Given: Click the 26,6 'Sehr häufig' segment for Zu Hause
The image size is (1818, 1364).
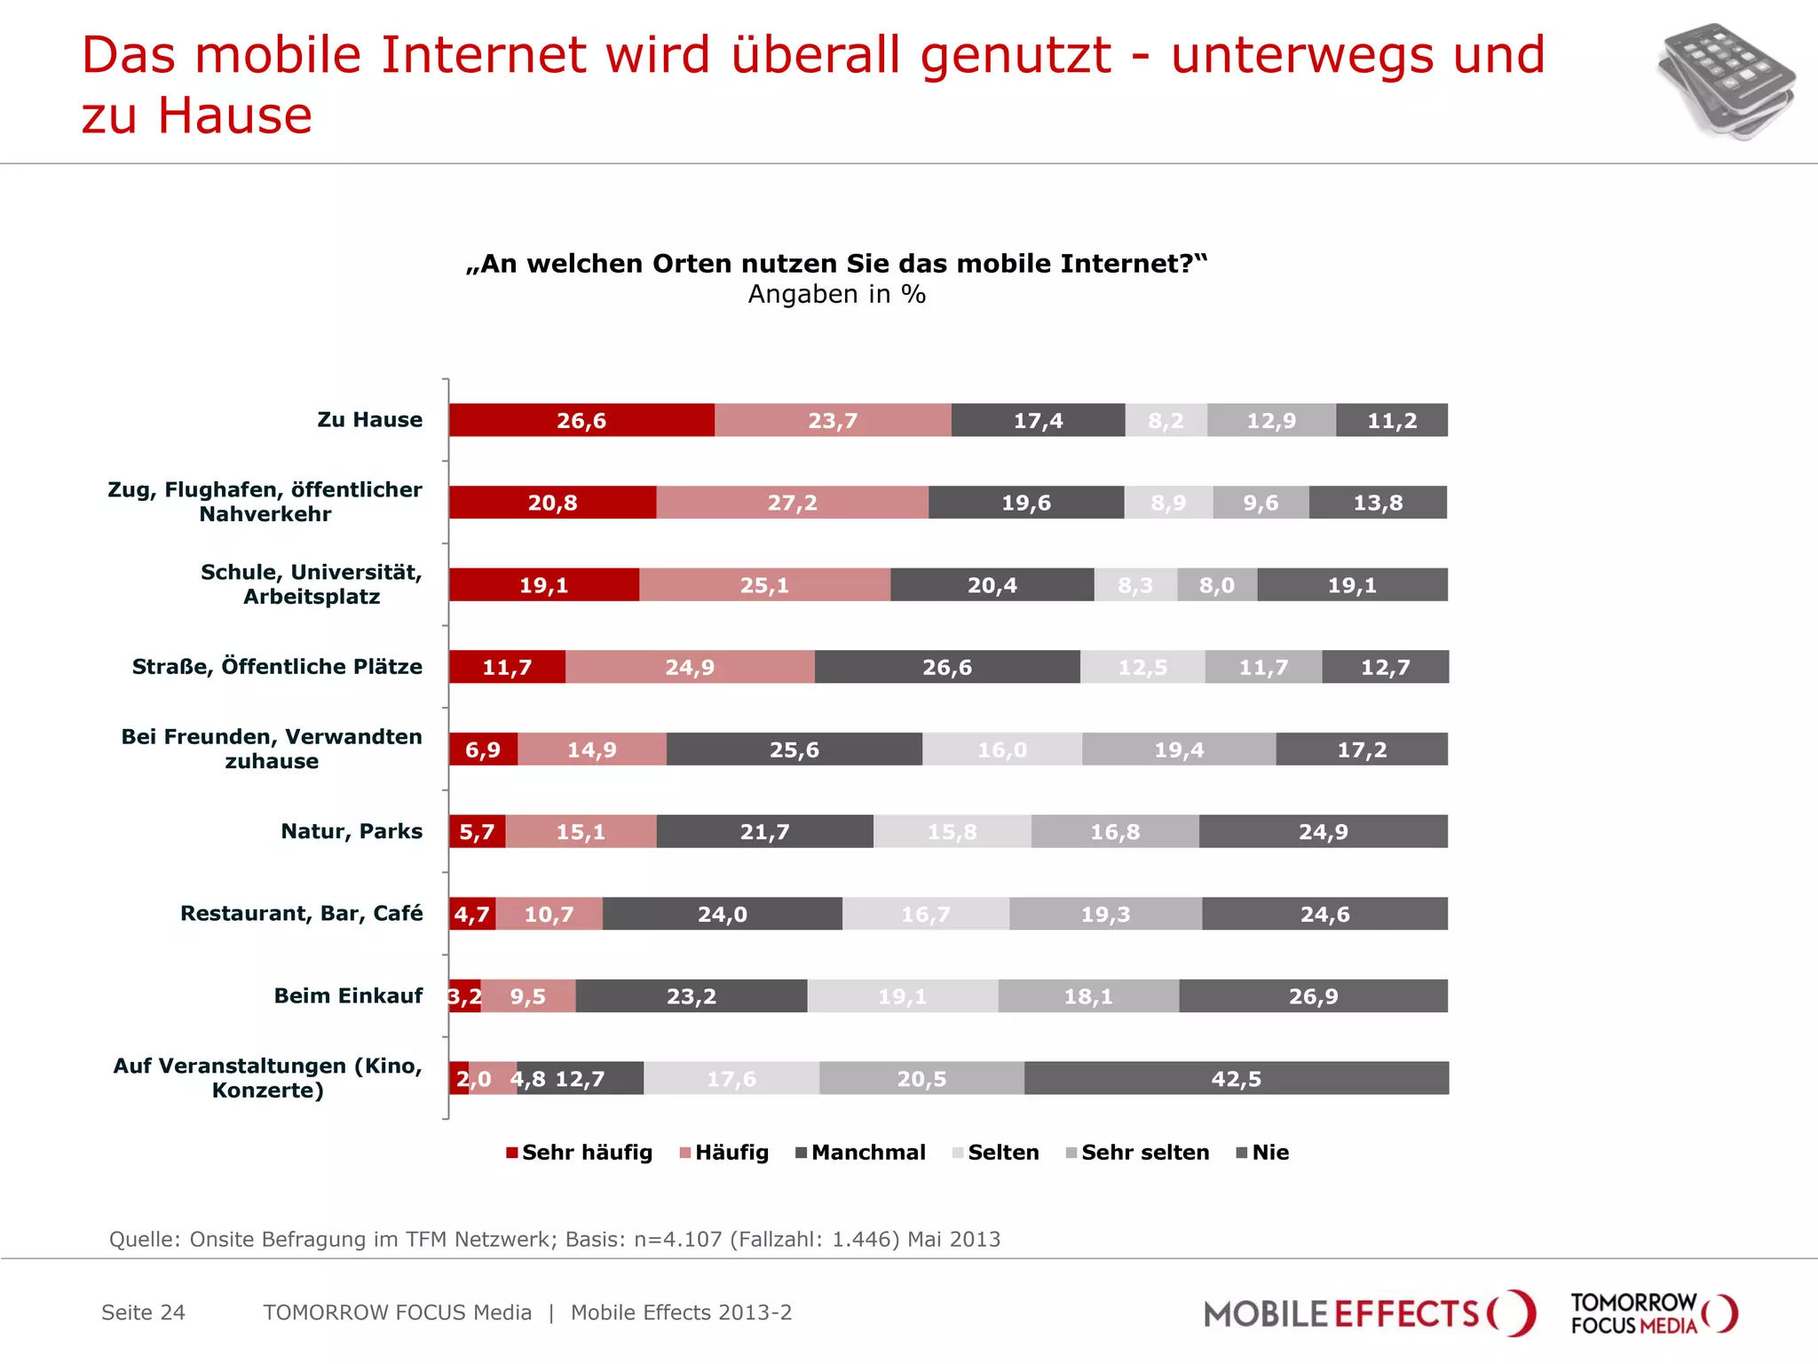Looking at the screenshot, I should [x=581, y=420].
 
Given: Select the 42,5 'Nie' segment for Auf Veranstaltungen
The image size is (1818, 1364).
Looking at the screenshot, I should [x=1236, y=1078].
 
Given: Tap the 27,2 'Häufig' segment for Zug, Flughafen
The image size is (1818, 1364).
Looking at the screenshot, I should [x=792, y=503].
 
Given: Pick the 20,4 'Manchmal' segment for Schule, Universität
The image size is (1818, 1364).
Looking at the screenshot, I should [x=992, y=585].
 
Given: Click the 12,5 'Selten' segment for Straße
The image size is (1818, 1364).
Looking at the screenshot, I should [x=1142, y=667].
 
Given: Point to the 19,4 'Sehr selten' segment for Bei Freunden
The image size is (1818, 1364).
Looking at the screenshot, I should [x=1179, y=749].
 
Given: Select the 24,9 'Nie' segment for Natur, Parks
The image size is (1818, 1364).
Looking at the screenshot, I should [x=1323, y=832].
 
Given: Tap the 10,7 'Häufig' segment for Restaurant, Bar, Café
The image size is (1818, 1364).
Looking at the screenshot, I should [x=549, y=914].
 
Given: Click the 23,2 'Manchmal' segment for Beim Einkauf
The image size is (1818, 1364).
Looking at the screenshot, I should [x=691, y=996].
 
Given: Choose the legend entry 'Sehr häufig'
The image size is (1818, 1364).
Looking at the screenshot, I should [x=580, y=1153].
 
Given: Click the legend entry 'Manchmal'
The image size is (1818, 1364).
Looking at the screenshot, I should [x=861, y=1153].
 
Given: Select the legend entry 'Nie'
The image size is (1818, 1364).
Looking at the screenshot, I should [x=1263, y=1153].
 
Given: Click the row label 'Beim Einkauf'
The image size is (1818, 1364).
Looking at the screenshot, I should [x=348, y=995].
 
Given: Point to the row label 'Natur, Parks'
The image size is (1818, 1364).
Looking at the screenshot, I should [x=352, y=831].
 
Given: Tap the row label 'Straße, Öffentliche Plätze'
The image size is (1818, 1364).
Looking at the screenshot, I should [x=277, y=667].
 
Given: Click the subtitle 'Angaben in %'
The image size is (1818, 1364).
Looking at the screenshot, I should [x=836, y=295].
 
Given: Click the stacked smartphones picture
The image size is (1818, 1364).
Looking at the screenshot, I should [x=1725, y=81].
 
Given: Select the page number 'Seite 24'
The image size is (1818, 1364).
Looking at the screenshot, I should [x=143, y=1312].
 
